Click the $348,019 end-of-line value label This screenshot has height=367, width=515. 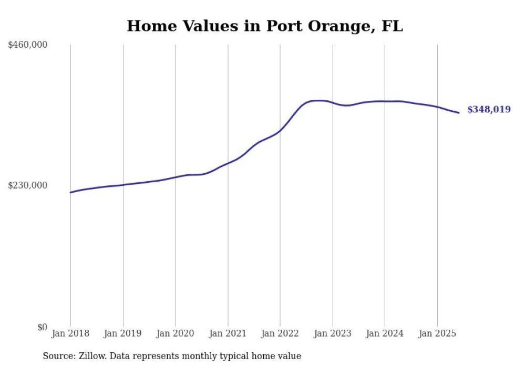pyautogui.click(x=489, y=110)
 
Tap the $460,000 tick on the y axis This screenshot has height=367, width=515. pyautogui.click(x=28, y=45)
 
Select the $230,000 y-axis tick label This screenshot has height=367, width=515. pyautogui.click(x=28, y=185)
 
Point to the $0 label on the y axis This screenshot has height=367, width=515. pyautogui.click(x=42, y=327)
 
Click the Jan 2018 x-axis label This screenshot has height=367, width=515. pyautogui.click(x=70, y=333)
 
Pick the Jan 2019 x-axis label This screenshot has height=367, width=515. pyautogui.click(x=123, y=333)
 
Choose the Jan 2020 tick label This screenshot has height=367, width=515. pyautogui.click(x=176, y=333)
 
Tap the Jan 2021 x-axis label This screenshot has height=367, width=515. pyautogui.click(x=228, y=333)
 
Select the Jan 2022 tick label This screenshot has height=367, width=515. pyautogui.click(x=280, y=333)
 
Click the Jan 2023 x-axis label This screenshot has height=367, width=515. pyautogui.click(x=333, y=333)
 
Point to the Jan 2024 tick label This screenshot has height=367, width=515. pyautogui.click(x=385, y=333)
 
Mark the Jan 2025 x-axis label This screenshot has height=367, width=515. pyautogui.click(x=437, y=333)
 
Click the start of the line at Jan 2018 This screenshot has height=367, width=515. pyautogui.click(x=71, y=192)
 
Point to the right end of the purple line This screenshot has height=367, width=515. pyautogui.click(x=459, y=112)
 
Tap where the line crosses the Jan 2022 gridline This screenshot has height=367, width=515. pyautogui.click(x=280, y=130)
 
